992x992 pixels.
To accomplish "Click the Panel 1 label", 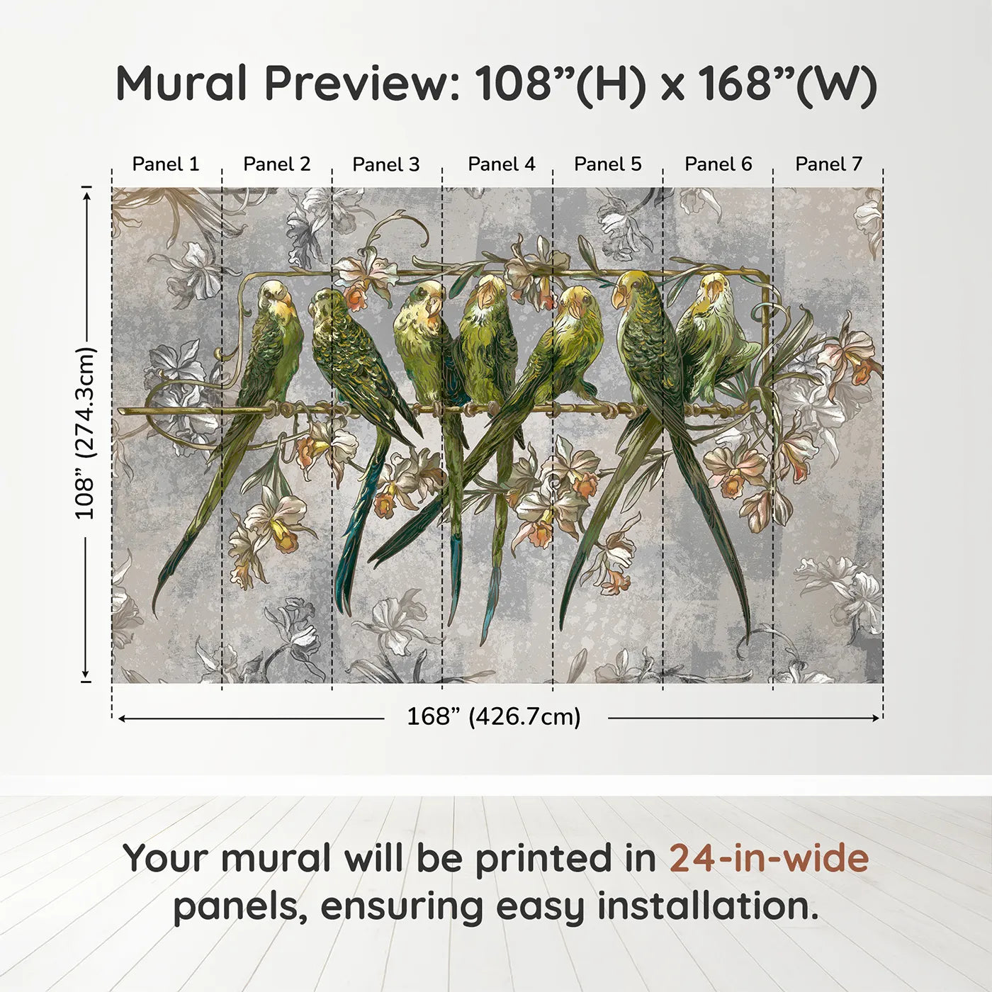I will [166, 164].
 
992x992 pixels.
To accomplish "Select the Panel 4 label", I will [501, 164].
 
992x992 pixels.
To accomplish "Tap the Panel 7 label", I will [828, 164].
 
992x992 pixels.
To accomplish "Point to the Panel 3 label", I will [385, 164].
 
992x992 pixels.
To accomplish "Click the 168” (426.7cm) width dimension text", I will [493, 717].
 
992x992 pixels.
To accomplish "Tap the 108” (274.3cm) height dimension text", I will [85, 434].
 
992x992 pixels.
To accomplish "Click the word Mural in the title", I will [181, 84].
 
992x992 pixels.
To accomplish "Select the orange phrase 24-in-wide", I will [769, 858].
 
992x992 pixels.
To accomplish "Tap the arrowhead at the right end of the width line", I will [877, 718].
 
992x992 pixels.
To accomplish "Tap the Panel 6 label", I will [718, 164].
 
